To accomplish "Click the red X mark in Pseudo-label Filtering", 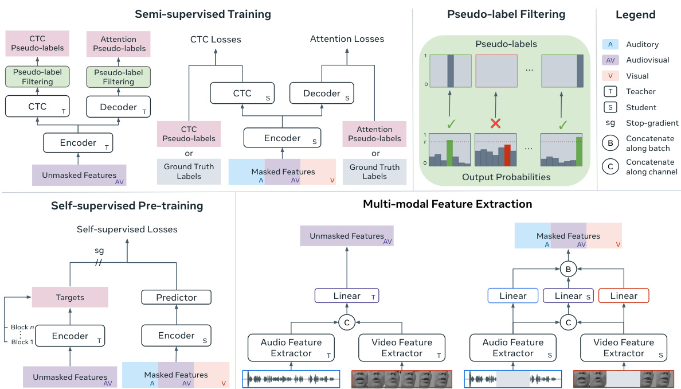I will point(496,123).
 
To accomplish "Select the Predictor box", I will point(177,297).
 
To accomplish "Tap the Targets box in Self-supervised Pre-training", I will point(70,297).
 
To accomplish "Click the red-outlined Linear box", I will point(623,296).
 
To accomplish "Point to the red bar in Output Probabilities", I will point(507,155).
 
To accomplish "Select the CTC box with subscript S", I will point(241,93).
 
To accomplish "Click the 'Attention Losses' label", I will point(347,39).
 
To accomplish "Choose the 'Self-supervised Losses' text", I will point(127,229).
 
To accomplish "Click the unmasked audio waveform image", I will point(292,379).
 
